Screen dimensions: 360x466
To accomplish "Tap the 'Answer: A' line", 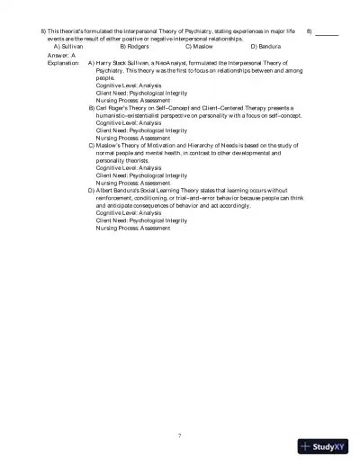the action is coord(61,55).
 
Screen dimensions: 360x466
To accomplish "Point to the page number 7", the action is coord(179,435).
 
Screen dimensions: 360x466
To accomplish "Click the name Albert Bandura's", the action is coord(124,191).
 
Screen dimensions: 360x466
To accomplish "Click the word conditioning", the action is coord(159,197).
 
